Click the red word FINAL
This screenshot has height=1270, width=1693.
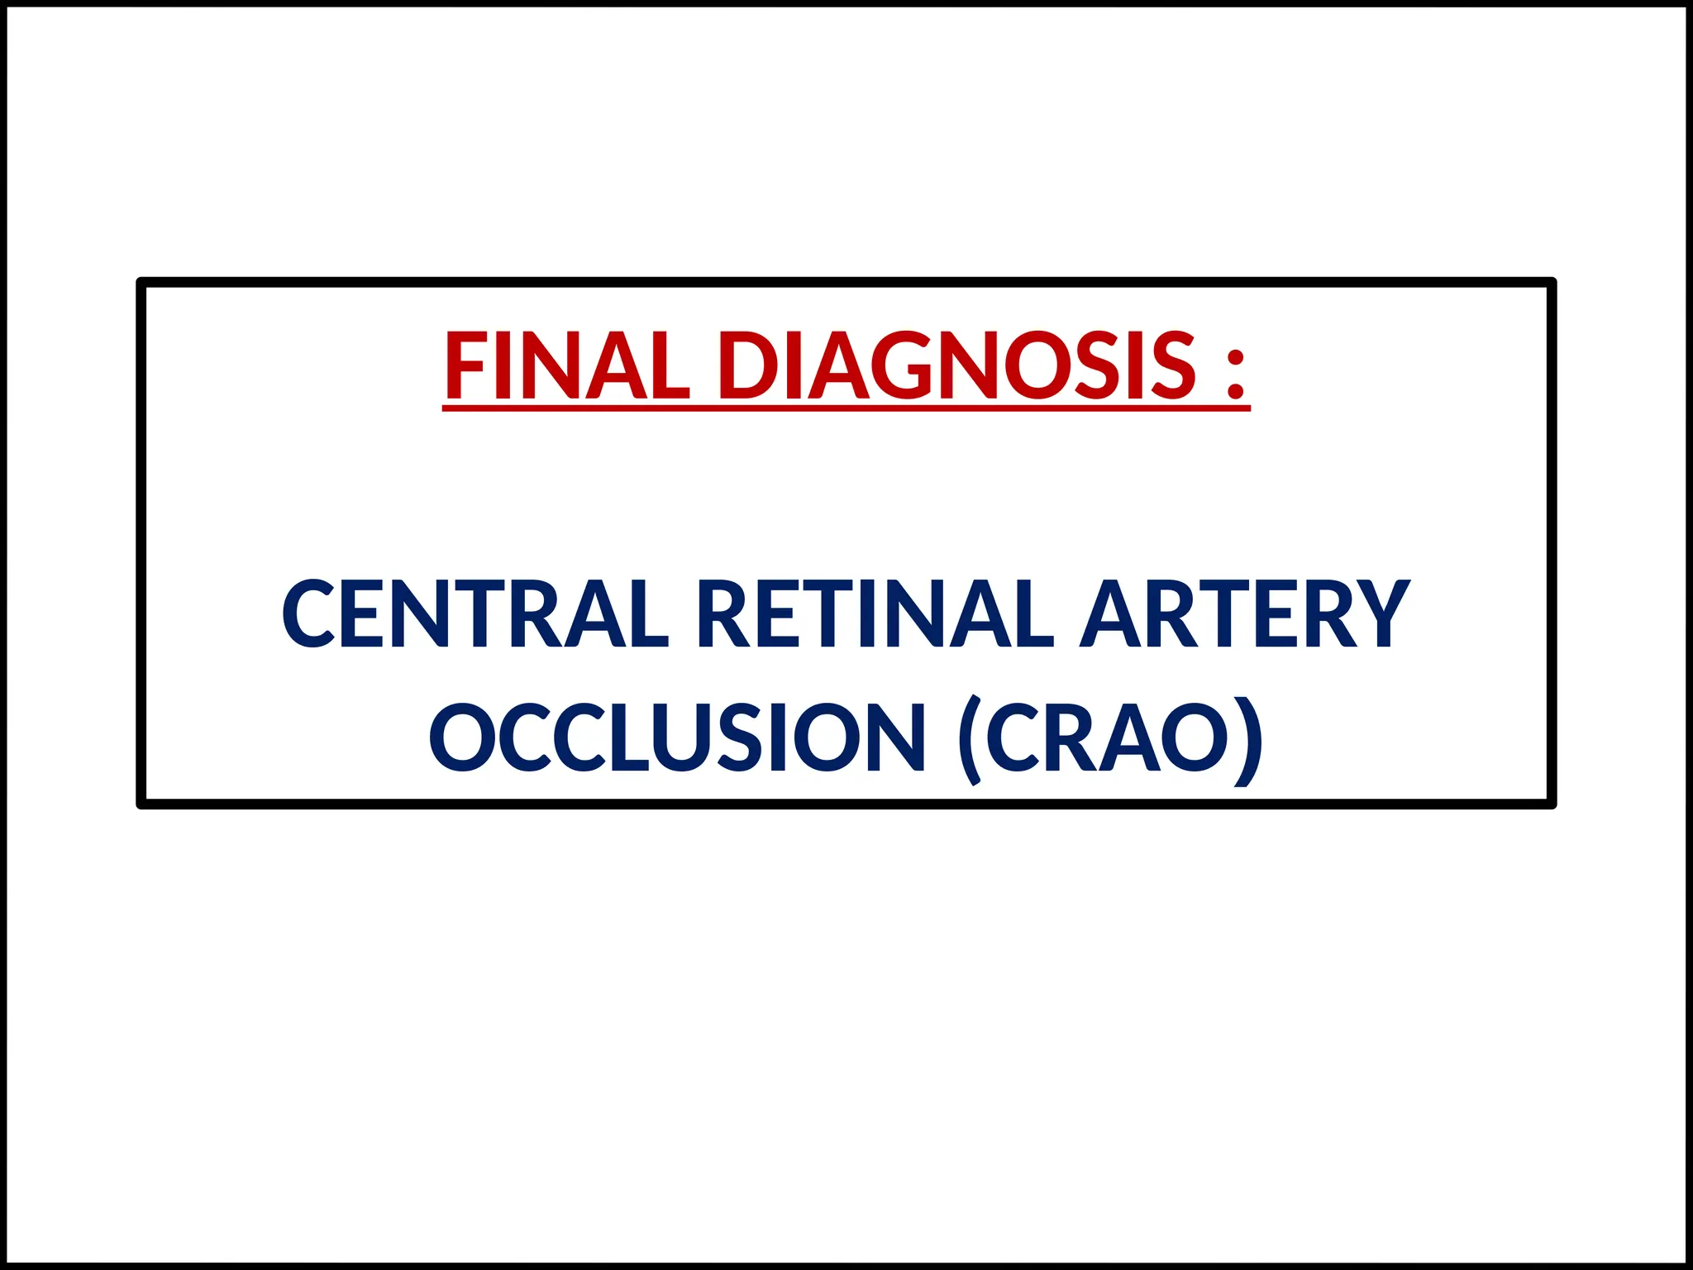click(567, 365)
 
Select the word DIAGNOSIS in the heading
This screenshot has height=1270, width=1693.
click(957, 365)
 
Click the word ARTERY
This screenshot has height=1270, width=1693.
click(1245, 614)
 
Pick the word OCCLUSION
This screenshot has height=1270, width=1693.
click(677, 738)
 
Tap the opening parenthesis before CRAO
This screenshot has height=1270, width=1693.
click(970, 739)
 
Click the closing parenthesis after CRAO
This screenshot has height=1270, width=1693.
click(1248, 739)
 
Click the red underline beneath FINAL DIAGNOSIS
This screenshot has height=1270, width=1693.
click(846, 407)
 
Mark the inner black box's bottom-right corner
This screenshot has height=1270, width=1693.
click(1551, 803)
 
